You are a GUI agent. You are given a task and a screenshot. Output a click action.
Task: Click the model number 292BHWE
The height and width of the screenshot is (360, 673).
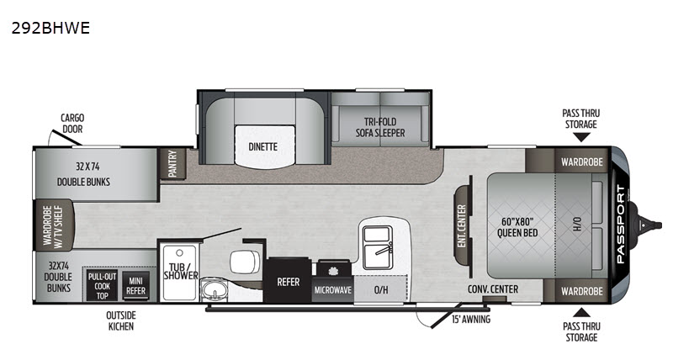coord(50,28)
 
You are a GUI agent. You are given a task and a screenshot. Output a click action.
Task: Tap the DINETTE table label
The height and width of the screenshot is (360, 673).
coord(262,146)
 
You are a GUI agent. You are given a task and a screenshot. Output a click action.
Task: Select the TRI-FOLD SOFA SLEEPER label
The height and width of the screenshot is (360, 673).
coord(380,128)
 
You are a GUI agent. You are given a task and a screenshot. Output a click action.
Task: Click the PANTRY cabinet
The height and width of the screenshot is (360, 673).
coord(172,163)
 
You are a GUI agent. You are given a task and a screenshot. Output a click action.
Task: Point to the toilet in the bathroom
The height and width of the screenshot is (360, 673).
coord(245,262)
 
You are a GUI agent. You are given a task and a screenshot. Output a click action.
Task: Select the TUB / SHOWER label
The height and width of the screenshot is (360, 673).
coord(181,271)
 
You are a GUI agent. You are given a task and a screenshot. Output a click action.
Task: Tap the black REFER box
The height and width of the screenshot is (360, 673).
coord(288,281)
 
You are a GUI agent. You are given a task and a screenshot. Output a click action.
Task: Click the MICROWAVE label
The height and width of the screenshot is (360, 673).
coord(333,290)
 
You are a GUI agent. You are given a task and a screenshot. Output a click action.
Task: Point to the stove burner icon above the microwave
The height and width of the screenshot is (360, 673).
coord(331,271)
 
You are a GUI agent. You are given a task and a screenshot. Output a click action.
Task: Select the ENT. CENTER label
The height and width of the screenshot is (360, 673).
coord(462,225)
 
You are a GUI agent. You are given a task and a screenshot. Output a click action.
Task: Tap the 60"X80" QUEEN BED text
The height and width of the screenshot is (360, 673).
coord(517,227)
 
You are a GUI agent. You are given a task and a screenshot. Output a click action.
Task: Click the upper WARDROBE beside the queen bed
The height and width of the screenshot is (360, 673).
coord(581,161)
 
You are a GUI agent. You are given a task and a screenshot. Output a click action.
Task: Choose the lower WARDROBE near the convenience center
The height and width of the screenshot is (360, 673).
coord(581,291)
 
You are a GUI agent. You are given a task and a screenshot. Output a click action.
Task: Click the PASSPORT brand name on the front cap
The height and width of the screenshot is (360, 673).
coord(621,224)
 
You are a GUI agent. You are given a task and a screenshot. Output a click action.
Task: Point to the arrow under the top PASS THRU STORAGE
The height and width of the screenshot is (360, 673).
coord(581,137)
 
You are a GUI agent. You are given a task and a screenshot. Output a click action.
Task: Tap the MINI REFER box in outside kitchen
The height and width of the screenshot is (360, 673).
coord(135,286)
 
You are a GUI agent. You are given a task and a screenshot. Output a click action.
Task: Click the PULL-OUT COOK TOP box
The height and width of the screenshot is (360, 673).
coord(102,286)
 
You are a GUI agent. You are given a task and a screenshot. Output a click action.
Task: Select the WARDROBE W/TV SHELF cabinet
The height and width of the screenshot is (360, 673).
coord(53,225)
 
